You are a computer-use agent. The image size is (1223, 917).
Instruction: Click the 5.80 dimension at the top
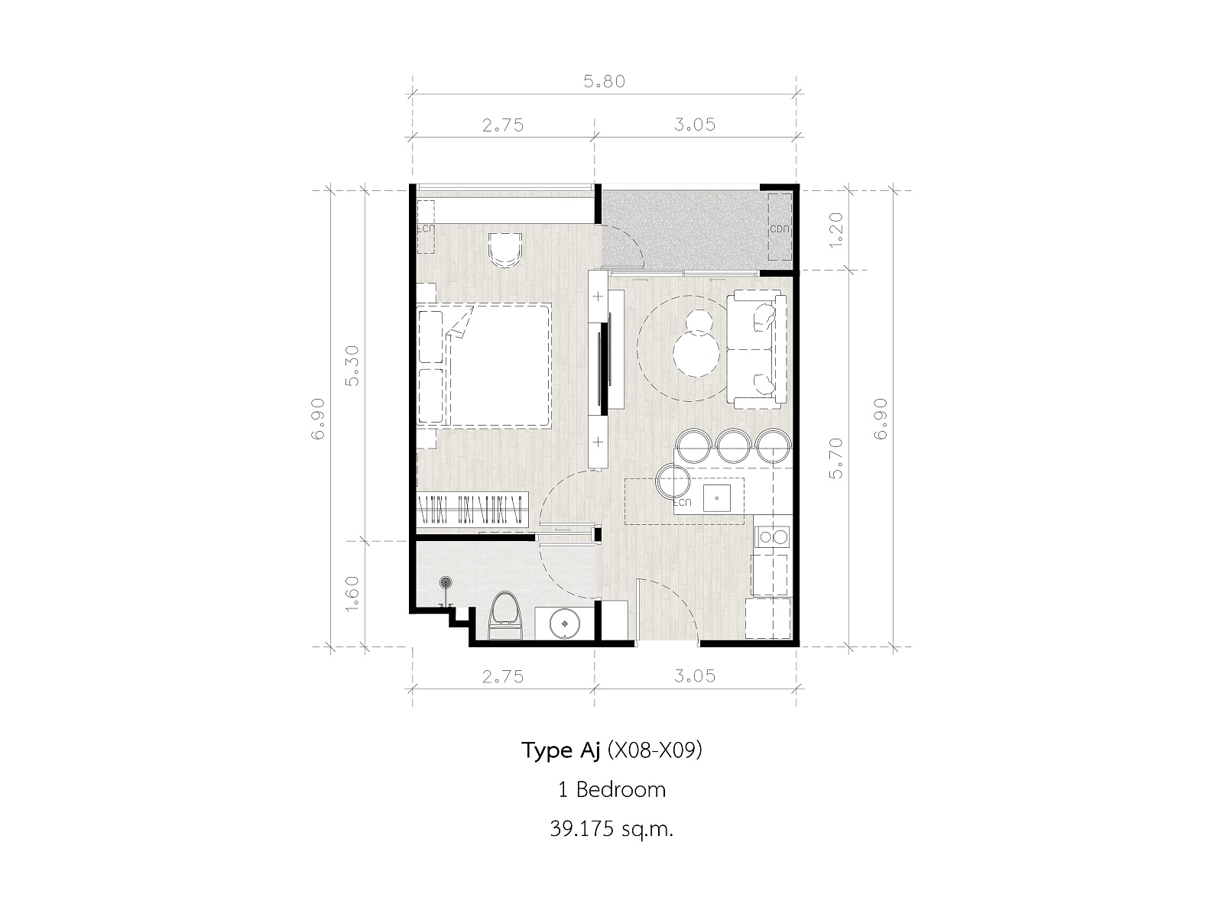click(604, 82)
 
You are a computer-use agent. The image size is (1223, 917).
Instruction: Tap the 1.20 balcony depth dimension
click(835, 230)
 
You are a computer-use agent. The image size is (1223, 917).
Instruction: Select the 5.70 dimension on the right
click(835, 458)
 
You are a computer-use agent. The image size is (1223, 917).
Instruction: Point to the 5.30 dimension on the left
click(352, 366)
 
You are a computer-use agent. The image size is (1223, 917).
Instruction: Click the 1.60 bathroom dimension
click(352, 594)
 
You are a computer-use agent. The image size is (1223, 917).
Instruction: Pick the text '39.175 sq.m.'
click(611, 830)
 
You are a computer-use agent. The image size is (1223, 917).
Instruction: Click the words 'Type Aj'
click(560, 750)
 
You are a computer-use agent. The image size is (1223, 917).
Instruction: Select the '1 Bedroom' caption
click(611, 789)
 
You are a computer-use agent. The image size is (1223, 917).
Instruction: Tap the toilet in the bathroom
click(504, 615)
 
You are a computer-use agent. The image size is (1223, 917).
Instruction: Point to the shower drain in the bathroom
click(445, 582)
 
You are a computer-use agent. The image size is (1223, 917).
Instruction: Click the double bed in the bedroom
click(485, 366)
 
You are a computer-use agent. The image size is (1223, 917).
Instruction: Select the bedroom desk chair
click(505, 250)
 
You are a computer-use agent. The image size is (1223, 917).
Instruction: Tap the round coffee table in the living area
click(696, 354)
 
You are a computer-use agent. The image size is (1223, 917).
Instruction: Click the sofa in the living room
click(757, 349)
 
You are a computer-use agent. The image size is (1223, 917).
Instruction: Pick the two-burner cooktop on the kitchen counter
click(772, 537)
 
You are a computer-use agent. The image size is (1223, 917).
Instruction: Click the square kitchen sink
click(717, 497)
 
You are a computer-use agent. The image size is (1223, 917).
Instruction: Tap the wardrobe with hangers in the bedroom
click(472, 507)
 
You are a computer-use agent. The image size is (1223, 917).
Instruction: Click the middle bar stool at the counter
click(733, 446)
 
